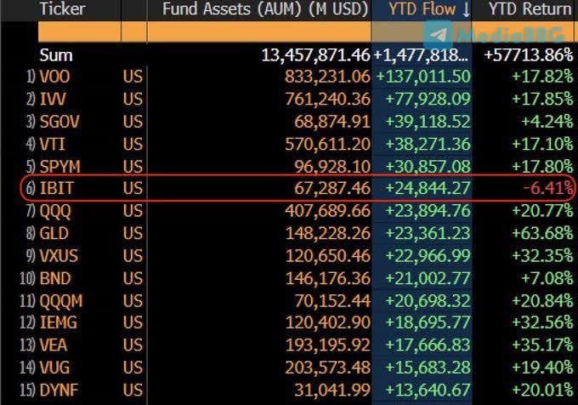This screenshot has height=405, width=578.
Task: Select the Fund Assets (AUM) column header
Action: coord(258,9)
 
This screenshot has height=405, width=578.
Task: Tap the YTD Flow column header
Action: coord(429,9)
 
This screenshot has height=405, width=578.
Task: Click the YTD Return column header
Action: coord(530,9)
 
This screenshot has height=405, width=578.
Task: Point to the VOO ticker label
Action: coord(57,76)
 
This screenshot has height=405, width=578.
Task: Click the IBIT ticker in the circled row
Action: coord(56,188)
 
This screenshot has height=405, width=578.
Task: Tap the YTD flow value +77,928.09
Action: coord(422,99)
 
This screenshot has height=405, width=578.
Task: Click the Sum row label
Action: coord(56,54)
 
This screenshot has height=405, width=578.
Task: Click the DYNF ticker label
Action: coord(59,389)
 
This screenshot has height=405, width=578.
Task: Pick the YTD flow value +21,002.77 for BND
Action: coord(422,277)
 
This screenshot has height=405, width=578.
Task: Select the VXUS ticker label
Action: coord(60,255)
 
